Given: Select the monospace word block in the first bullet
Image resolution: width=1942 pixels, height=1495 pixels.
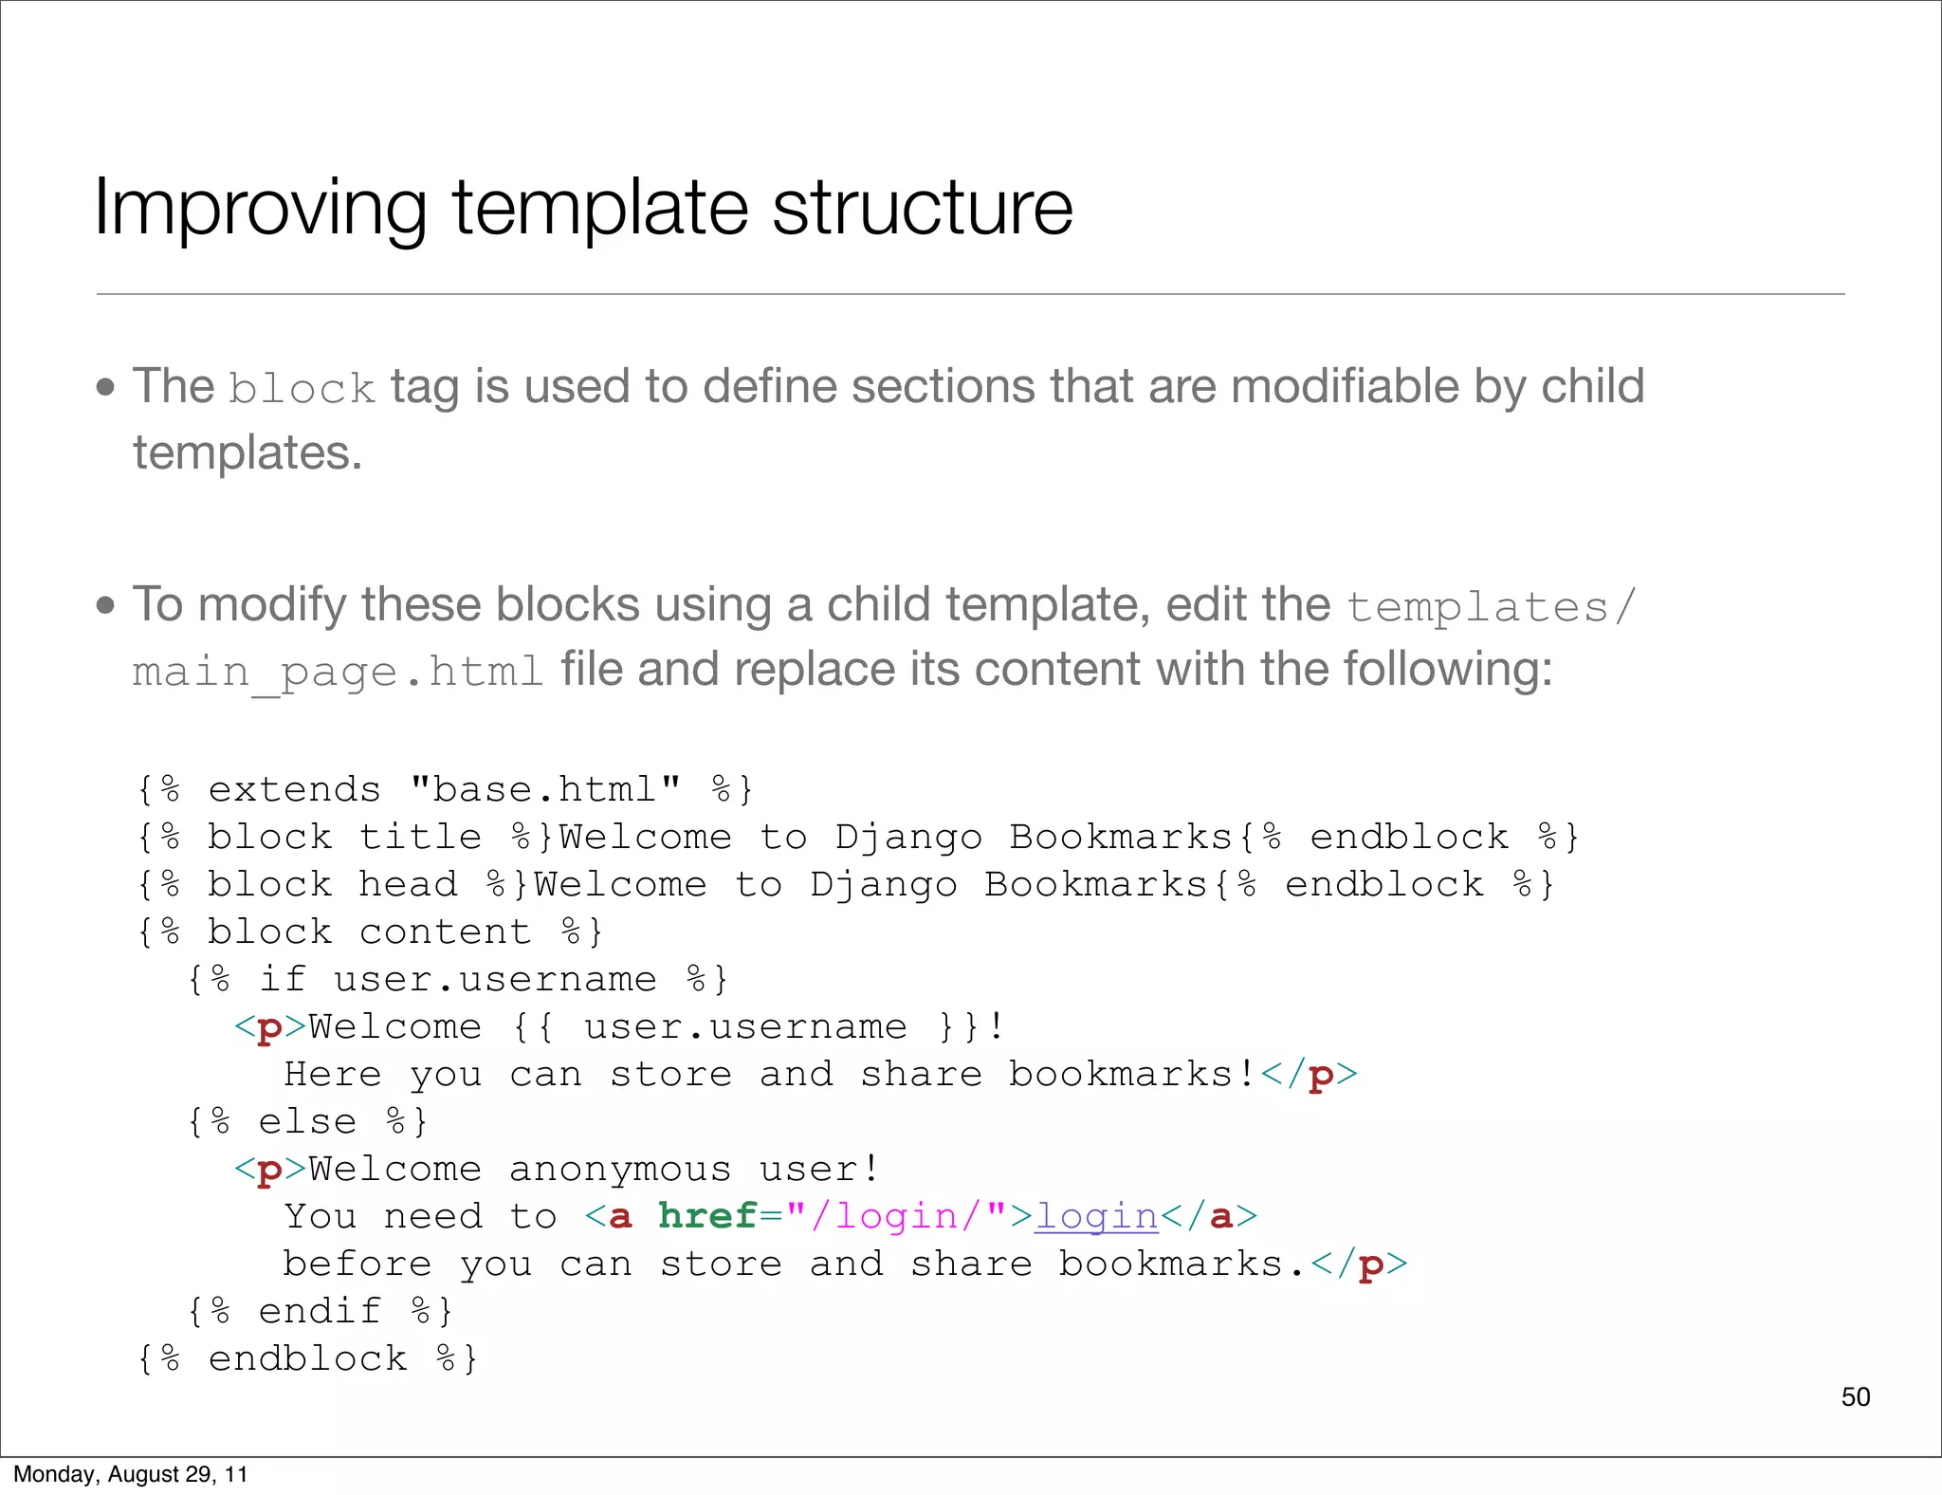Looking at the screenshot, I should (x=302, y=389).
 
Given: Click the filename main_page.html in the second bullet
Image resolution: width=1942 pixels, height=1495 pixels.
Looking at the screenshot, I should (x=338, y=673).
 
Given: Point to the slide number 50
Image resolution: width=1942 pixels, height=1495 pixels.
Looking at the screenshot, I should (x=1855, y=1396).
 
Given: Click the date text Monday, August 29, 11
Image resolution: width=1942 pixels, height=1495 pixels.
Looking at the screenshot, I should (x=131, y=1474).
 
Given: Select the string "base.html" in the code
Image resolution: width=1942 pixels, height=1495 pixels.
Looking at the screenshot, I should (x=546, y=789).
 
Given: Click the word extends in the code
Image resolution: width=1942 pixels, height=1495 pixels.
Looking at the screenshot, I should (x=294, y=789).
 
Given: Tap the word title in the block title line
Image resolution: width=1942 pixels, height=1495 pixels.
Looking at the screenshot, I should (x=420, y=837).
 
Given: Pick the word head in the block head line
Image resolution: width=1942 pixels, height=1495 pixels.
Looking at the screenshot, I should (x=408, y=884).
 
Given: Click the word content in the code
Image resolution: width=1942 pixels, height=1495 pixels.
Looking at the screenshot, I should (x=445, y=932).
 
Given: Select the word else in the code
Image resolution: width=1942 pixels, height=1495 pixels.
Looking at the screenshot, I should (x=307, y=1121).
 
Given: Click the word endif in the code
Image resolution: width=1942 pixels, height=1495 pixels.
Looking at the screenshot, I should (x=320, y=1311).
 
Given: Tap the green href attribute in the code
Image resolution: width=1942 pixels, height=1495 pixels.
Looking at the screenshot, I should (x=707, y=1216).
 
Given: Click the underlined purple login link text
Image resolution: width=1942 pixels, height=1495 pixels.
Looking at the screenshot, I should (x=1096, y=1216).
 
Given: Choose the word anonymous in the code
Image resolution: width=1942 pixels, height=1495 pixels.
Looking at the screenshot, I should (x=620, y=1169).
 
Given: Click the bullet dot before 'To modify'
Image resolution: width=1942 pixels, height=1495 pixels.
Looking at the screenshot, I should (x=105, y=605).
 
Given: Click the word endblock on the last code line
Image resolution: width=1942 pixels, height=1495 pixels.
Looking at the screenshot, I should (x=307, y=1358).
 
